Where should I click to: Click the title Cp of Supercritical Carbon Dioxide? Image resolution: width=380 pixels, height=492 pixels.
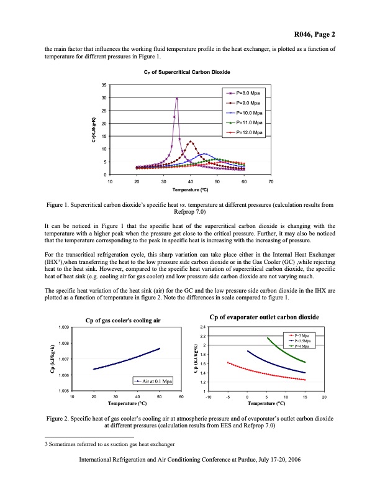point(190,73)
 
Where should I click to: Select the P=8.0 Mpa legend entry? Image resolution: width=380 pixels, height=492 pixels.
point(247,92)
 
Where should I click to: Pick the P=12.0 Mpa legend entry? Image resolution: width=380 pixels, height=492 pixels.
point(247,133)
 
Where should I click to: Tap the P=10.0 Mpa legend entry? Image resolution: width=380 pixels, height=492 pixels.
point(247,112)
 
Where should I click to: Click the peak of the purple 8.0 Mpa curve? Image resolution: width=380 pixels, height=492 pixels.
point(177,98)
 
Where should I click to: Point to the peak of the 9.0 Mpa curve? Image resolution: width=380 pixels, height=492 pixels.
point(191,142)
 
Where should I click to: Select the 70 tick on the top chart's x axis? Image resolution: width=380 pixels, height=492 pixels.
point(271,180)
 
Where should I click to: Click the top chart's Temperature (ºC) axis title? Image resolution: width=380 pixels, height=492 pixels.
point(190,187)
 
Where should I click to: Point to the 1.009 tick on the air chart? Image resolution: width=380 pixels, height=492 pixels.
point(63,327)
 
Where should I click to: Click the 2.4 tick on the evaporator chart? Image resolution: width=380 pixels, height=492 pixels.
point(202,327)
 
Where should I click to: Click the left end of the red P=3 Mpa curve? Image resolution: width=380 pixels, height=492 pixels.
point(228,362)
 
